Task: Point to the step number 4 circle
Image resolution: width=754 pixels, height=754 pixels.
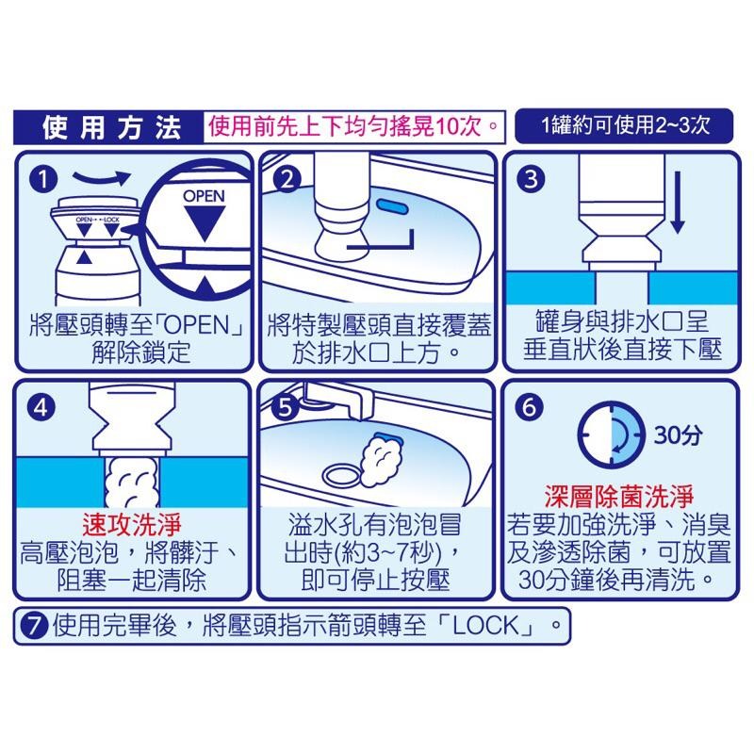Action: tap(41, 408)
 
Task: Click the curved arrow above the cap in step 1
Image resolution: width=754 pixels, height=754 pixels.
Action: tap(101, 177)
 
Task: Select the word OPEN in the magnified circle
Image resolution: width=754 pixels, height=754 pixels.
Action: tap(202, 198)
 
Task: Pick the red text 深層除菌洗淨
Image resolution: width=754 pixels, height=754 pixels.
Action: tap(618, 495)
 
